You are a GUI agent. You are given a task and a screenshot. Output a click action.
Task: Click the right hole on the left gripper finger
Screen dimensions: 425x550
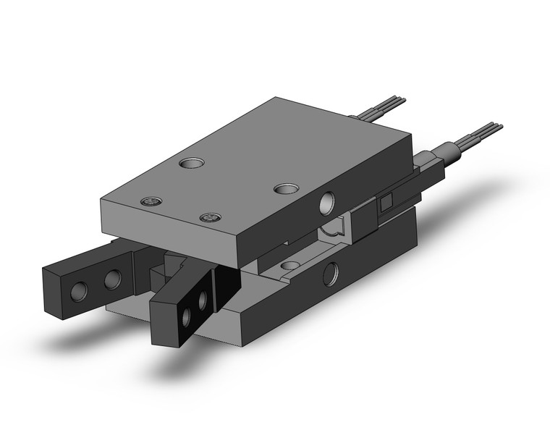coord(113,279)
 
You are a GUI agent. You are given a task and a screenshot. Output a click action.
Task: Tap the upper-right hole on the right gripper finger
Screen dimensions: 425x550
coord(203,298)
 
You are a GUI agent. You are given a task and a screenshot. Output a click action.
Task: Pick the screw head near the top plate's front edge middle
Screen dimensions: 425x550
coord(210,218)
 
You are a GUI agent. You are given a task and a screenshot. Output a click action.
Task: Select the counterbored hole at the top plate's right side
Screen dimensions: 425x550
coord(284,188)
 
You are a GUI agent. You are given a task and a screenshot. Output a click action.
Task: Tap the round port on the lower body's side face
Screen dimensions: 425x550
coord(331,274)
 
